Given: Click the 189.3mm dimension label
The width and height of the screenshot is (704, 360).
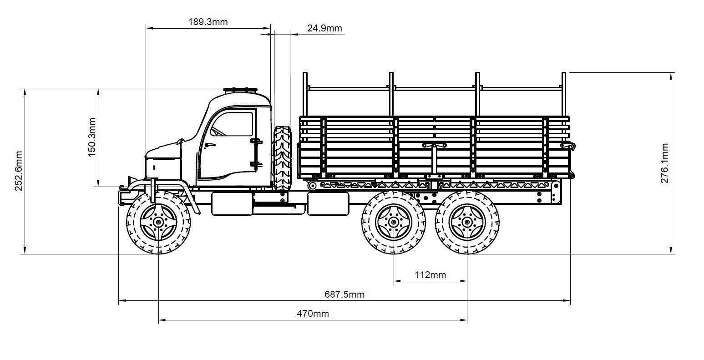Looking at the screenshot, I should pyautogui.click(x=208, y=21).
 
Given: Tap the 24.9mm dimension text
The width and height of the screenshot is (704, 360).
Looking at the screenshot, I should pyautogui.click(x=324, y=28).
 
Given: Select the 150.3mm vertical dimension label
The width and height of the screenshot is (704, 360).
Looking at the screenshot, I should pyautogui.click(x=92, y=137).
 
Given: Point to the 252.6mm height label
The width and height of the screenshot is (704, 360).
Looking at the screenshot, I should pyautogui.click(x=19, y=171).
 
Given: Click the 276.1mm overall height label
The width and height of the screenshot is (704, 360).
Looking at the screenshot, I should pyautogui.click(x=664, y=163).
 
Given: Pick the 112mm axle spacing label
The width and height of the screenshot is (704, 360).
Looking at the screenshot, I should pyautogui.click(x=430, y=275).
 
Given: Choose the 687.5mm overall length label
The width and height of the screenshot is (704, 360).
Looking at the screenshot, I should pyautogui.click(x=344, y=294).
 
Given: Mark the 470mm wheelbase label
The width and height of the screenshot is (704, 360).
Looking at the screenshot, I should pyautogui.click(x=313, y=313).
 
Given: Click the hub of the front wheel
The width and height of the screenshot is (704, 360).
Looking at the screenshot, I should pyautogui.click(x=158, y=222).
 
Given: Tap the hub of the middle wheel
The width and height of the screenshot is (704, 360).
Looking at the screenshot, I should pyautogui.click(x=394, y=222).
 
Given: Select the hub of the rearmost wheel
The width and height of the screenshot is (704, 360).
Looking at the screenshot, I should pyautogui.click(x=467, y=222).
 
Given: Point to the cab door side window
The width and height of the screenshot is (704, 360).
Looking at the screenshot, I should pyautogui.click(x=233, y=124).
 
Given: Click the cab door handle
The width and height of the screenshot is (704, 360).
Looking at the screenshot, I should pyautogui.click(x=209, y=145).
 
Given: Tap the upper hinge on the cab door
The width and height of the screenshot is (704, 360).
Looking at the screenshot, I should pyautogui.click(x=256, y=142).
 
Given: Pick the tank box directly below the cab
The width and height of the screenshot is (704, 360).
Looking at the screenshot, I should pyautogui.click(x=232, y=203).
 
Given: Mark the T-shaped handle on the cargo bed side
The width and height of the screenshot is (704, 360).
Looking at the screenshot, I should pyautogui.click(x=435, y=146).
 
